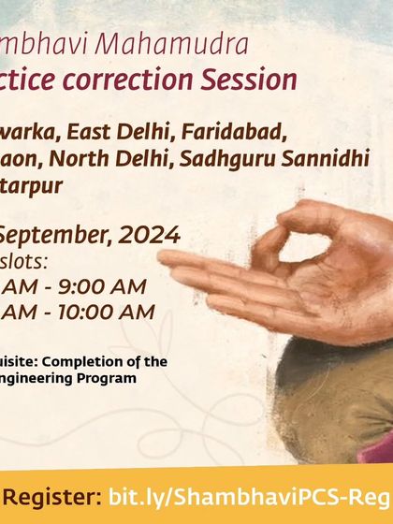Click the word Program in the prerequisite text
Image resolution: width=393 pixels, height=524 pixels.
click(109, 378)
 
